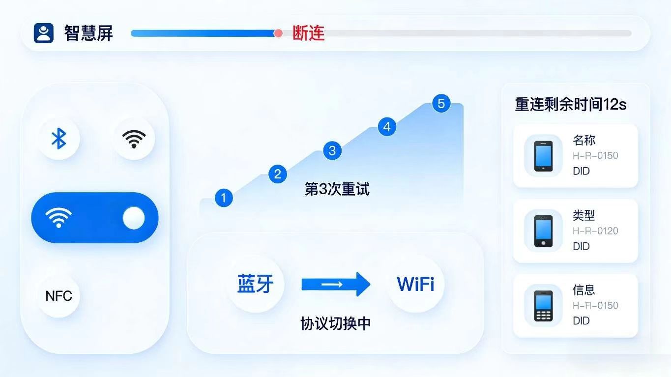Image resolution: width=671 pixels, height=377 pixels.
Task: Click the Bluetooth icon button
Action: [59, 139]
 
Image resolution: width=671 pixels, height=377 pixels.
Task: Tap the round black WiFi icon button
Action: [134, 139]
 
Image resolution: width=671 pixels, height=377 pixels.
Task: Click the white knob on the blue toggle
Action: [134, 218]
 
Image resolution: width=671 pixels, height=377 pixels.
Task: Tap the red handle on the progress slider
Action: [278, 33]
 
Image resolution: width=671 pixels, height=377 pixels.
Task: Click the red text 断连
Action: [308, 33]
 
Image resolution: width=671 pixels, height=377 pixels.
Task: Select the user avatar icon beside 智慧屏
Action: [43, 33]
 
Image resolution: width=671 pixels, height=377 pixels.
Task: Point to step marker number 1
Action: [224, 198]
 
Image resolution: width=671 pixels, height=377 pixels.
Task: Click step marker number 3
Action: [332, 150]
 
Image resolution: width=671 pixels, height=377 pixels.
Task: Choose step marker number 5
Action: [441, 104]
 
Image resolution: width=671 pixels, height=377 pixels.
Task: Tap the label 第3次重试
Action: [337, 189]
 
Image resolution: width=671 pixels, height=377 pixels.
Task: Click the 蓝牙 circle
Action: [255, 284]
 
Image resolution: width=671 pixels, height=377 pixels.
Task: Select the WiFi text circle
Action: [415, 284]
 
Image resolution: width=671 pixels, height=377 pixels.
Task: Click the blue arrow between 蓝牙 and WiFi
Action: [336, 284]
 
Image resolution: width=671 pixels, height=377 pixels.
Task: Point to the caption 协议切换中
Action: [335, 323]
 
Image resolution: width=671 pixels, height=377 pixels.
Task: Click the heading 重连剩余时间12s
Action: [570, 104]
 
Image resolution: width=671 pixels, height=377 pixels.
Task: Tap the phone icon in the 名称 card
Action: [543, 156]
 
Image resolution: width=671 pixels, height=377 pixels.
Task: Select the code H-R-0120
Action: [595, 231]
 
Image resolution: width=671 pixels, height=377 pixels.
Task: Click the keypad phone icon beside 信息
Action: [543, 306]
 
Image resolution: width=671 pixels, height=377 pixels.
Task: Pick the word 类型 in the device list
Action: [583, 215]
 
